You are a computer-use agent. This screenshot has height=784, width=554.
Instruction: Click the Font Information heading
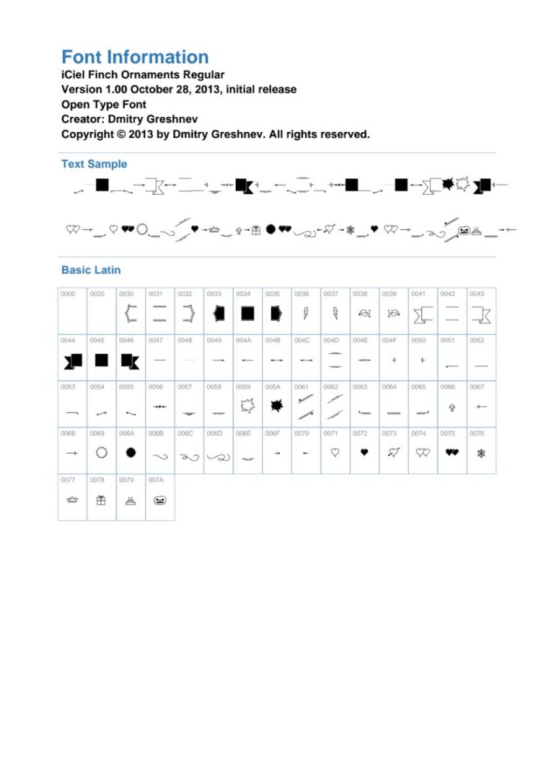(x=135, y=58)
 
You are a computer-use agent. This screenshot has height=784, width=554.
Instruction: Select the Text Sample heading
(x=94, y=164)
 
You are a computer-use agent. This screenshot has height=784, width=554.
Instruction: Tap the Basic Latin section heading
(x=91, y=270)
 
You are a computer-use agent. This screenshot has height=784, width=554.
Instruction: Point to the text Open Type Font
(x=104, y=105)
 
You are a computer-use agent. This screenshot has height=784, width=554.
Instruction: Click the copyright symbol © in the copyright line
(x=120, y=134)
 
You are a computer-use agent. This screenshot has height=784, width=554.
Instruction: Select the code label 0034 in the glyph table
(x=243, y=294)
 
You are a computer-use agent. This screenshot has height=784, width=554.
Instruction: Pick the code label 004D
(x=331, y=340)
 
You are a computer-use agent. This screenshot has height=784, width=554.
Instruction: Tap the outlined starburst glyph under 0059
(x=247, y=406)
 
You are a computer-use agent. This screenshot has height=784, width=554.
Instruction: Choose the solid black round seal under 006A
(x=131, y=453)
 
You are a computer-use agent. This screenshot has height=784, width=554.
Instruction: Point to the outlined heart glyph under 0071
(x=335, y=453)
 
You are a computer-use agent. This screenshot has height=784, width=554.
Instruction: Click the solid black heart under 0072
(x=364, y=453)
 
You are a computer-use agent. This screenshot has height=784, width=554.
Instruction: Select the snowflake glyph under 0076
(x=481, y=453)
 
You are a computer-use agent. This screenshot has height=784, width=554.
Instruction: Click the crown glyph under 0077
(x=72, y=499)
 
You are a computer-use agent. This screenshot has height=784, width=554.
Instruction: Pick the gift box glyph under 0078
(x=101, y=499)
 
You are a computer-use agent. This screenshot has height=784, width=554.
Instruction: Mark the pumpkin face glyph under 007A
(x=159, y=499)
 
